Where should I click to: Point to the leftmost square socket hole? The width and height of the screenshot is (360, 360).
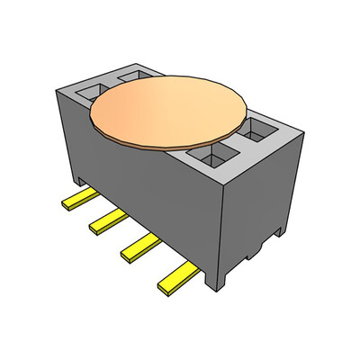coord(92,90)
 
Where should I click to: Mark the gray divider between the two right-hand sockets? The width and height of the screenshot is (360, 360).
coord(238,144)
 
